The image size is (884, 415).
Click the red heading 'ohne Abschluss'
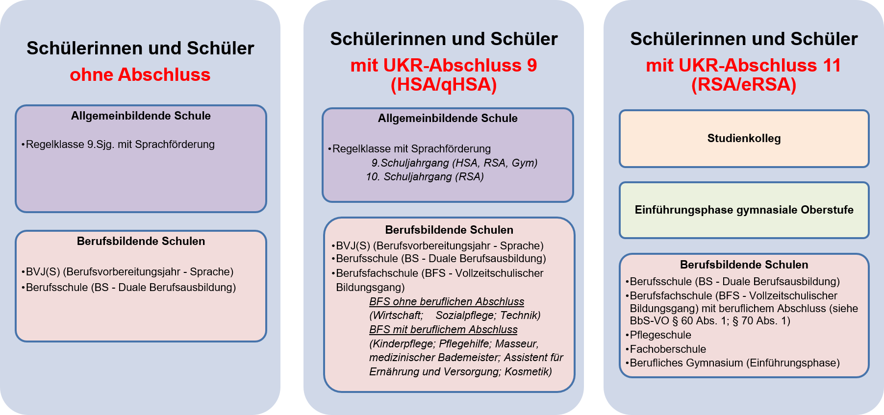(140, 74)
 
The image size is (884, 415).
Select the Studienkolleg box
(744, 139)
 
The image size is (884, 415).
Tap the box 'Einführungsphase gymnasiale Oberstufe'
(744, 210)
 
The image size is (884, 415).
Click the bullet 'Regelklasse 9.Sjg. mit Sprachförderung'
(118, 145)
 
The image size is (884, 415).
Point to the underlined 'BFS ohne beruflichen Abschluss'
(447, 301)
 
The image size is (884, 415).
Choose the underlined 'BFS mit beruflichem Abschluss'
(443, 330)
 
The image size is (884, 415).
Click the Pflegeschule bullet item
(658, 335)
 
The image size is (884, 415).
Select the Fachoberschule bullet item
(666, 349)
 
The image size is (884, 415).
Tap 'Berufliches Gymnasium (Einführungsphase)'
(732, 363)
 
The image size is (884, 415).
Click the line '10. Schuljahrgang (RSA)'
(425, 177)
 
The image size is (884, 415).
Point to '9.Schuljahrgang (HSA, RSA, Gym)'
(455, 163)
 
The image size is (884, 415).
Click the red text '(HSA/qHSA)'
(444, 85)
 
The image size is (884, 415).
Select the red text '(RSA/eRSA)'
(744, 85)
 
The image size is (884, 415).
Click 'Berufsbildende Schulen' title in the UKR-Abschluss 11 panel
(744, 265)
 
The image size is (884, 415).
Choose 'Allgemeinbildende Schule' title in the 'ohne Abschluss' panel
(141, 116)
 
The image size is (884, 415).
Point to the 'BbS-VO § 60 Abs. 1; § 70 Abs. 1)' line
(710, 321)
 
